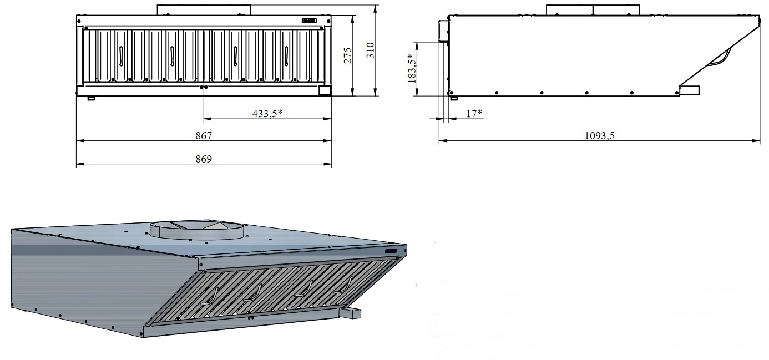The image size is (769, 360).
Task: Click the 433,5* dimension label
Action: [267, 113]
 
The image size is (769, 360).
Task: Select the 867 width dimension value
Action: [204, 135]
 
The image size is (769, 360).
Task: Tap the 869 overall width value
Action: [204, 159]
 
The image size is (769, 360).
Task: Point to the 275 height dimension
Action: [348, 55]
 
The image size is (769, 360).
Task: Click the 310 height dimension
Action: [371, 50]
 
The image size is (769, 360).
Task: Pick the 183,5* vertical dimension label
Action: [412, 68]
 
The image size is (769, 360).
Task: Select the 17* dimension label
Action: [474, 113]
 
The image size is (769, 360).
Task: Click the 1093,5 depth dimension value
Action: [599, 135]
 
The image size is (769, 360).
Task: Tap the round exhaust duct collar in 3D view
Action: [197, 231]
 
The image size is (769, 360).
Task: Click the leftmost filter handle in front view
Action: [121, 55]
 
